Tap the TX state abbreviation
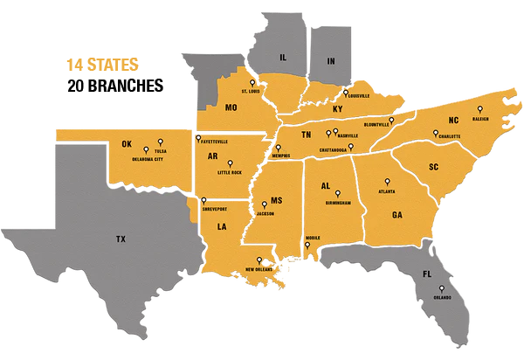click(121, 238)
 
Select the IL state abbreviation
click(283, 57)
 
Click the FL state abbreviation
click(427, 273)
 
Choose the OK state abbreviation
click(127, 143)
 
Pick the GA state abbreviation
click(397, 214)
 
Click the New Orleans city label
click(260, 270)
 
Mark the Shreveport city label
click(214, 210)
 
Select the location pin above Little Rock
click(230, 163)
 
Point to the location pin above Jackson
click(265, 204)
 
